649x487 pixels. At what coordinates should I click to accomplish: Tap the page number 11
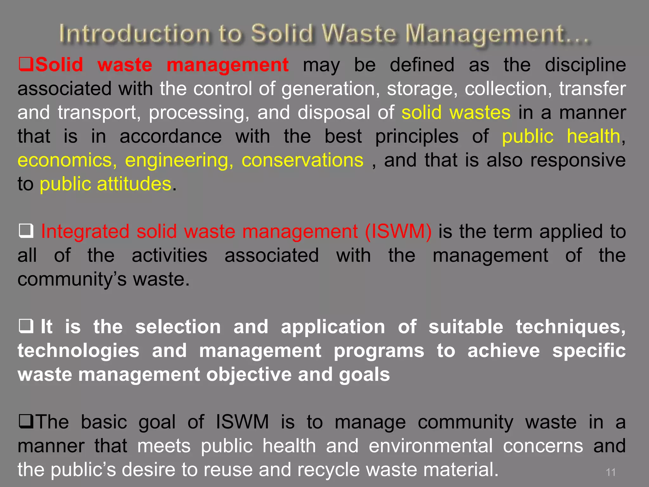[610, 472]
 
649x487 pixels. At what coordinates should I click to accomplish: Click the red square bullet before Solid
[26, 65]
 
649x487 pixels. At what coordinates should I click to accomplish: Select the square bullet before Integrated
[26, 231]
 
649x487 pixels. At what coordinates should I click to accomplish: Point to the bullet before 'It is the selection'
[26, 327]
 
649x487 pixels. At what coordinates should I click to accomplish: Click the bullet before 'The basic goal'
[26, 422]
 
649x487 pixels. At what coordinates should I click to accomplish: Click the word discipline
[585, 65]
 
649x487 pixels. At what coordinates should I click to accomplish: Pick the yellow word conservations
[302, 160]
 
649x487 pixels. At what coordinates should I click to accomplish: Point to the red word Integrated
[85, 231]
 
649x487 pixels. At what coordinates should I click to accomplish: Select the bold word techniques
[570, 327]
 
